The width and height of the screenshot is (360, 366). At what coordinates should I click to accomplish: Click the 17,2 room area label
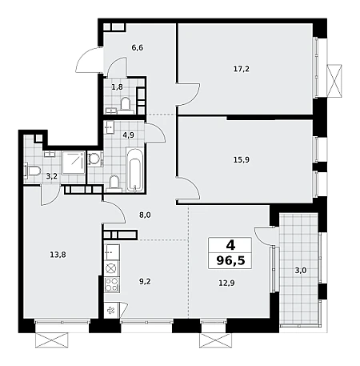(242, 69)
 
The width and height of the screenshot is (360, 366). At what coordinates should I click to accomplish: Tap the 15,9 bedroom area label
(242, 160)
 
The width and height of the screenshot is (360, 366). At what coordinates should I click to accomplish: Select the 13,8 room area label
(58, 255)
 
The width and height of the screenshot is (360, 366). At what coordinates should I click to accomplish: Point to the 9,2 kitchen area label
(145, 281)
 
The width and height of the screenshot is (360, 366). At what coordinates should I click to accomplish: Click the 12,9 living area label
(226, 283)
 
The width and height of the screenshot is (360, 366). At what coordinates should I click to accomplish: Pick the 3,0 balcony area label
(301, 271)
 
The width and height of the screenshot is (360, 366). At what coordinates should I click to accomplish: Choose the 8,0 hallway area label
(145, 215)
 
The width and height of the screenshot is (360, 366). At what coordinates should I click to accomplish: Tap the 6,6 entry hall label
(138, 48)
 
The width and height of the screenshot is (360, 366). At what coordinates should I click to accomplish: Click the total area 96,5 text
(230, 260)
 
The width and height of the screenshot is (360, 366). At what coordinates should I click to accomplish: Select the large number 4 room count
(230, 245)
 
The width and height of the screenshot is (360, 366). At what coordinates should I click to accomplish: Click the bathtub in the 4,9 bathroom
(135, 170)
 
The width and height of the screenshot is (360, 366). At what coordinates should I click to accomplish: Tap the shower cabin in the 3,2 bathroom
(74, 163)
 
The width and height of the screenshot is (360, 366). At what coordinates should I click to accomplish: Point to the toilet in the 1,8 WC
(125, 105)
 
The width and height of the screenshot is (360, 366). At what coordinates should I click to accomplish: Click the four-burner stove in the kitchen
(112, 284)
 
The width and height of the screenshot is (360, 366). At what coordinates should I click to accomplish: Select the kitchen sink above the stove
(112, 252)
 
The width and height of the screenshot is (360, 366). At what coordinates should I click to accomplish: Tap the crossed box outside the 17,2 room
(334, 80)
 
